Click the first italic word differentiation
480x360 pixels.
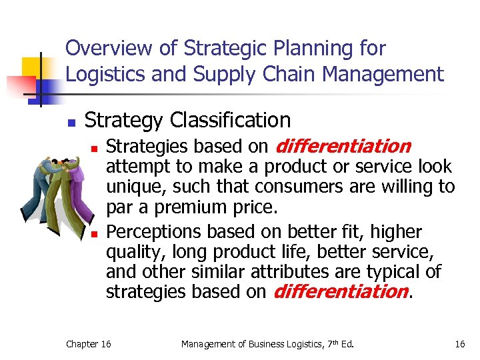click(342, 146)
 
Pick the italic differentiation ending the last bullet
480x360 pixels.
click(340, 291)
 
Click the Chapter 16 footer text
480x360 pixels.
click(89, 344)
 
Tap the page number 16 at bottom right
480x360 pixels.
click(459, 344)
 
